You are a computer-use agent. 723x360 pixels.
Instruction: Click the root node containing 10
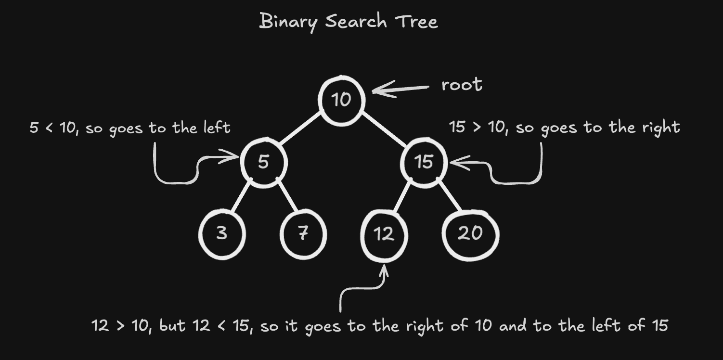pyautogui.click(x=341, y=100)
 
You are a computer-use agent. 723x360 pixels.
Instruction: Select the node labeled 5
pyautogui.click(x=263, y=162)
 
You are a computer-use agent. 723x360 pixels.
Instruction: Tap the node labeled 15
pyautogui.click(x=424, y=162)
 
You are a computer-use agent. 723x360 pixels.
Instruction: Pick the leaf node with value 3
pyautogui.click(x=222, y=234)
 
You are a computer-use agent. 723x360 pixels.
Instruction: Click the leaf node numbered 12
pyautogui.click(x=384, y=234)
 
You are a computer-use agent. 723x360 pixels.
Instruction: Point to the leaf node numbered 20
pyautogui.click(x=470, y=234)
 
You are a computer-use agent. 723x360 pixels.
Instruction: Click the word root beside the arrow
pyautogui.click(x=462, y=85)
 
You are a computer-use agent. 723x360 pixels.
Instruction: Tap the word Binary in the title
pyautogui.click(x=287, y=22)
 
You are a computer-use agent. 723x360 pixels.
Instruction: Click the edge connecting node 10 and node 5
pyautogui.click(x=301, y=129)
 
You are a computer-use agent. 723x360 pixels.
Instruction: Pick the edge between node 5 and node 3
pyautogui.click(x=241, y=197)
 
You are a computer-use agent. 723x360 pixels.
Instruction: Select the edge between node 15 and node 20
pyautogui.click(x=449, y=196)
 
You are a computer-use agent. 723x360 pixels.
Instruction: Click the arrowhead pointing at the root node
pyautogui.click(x=378, y=90)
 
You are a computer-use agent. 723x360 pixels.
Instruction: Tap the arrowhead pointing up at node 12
pyautogui.click(x=384, y=269)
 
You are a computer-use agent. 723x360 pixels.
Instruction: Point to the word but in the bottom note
pyautogui.click(x=172, y=326)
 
